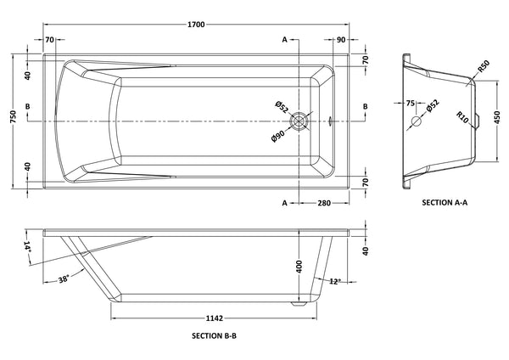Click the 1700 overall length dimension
198,25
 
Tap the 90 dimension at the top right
340,40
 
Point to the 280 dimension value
324,202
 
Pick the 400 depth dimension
299,267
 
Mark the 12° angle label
338,281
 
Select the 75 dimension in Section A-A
411,104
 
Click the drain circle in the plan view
298,121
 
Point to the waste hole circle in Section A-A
417,121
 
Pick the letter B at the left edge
28,106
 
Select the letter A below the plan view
283,202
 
